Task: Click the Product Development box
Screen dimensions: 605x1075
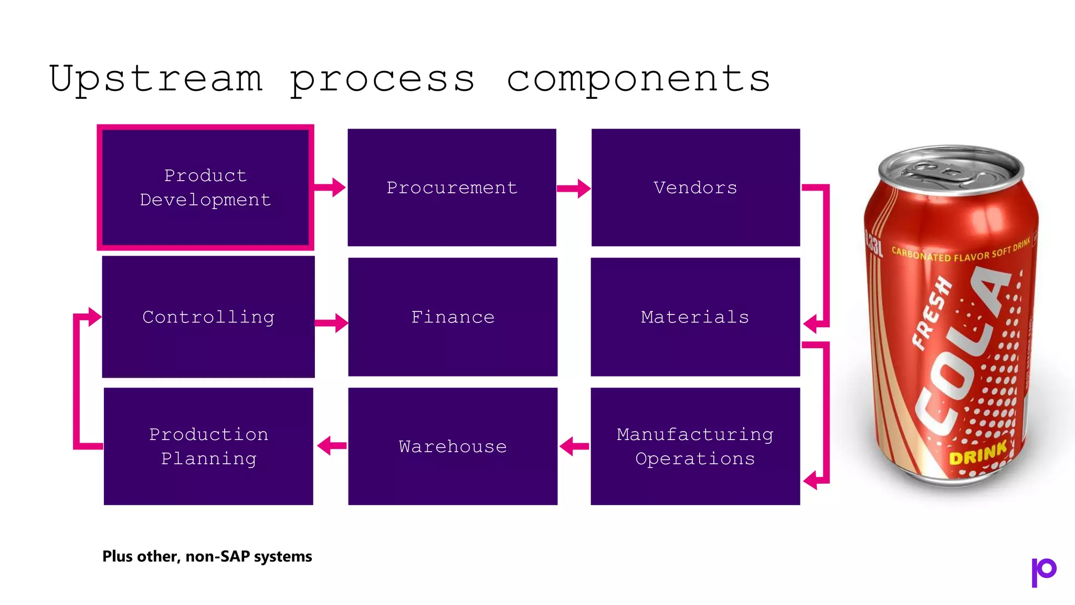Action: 205,187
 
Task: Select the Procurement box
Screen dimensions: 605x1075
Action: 451,187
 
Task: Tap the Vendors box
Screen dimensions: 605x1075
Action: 695,187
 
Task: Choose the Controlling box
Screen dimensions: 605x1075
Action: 208,317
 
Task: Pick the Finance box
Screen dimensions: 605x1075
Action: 452,317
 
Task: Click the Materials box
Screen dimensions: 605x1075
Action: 695,317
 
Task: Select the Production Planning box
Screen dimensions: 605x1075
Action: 208,446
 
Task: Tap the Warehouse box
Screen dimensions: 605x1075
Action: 452,446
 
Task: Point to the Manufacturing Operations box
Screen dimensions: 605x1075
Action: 695,446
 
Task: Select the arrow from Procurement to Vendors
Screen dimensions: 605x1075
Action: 574,188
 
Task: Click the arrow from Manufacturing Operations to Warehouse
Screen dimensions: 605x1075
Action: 574,446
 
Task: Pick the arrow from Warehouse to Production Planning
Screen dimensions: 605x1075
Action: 332,446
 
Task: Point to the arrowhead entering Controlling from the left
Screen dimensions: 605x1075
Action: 94,317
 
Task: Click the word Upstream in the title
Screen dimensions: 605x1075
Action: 156,79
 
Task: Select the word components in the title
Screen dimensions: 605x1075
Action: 638,79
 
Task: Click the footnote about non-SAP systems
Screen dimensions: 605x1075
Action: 207,556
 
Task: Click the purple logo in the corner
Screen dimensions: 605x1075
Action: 1044,571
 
